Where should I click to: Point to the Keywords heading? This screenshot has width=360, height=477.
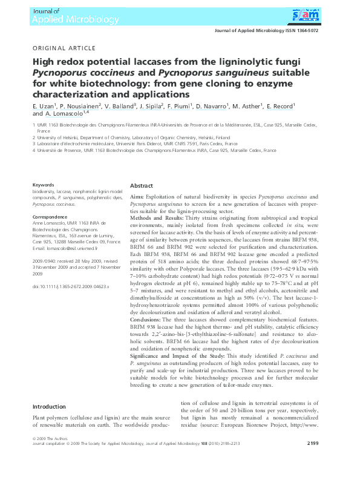44,185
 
